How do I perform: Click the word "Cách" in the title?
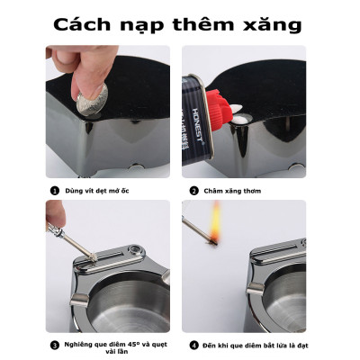coord(88,22)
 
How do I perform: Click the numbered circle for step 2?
coord(193,191)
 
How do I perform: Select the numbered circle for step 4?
coord(193,343)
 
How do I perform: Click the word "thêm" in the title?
coord(204,22)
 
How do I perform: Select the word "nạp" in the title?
coord(147,24)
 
